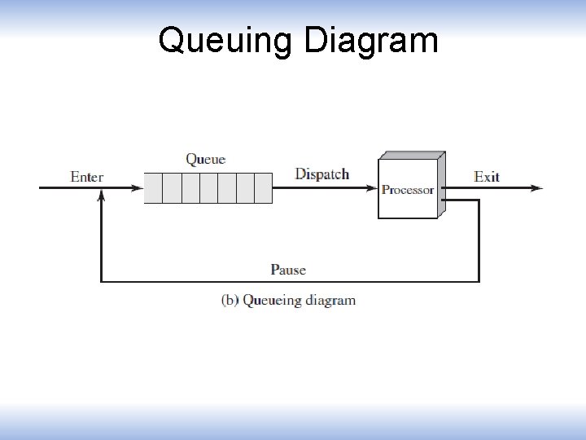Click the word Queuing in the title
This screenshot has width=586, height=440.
coord(226,40)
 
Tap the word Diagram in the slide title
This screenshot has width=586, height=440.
coord(371,40)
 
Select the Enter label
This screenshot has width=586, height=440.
coord(87,177)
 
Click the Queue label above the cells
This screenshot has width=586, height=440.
coord(206,159)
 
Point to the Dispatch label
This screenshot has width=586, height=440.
coord(322,174)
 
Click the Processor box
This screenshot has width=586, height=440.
coord(408,189)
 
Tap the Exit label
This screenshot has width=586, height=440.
coord(487,176)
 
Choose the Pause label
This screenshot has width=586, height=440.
coord(288,270)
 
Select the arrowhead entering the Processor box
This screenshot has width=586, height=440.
coord(372,188)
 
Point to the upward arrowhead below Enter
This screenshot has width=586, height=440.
coord(101,196)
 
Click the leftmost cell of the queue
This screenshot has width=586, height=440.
coord(153,188)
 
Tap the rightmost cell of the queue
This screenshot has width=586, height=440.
coord(263,188)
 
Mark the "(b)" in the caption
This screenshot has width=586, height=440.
coord(230,300)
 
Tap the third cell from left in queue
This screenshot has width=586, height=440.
coord(190,188)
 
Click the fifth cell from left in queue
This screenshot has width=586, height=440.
coord(226,188)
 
